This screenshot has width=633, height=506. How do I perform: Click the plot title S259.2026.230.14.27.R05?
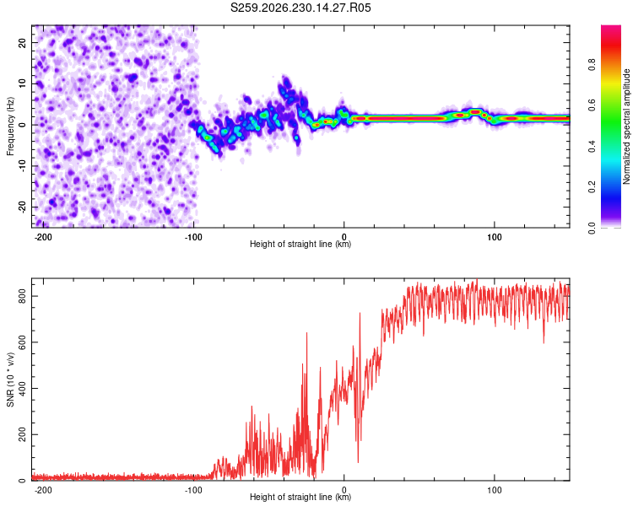click(300, 8)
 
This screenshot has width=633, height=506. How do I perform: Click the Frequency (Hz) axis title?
click(10, 126)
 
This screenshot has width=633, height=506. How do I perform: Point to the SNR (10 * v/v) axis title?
click(10, 379)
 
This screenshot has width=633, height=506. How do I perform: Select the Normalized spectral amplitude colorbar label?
click(626, 126)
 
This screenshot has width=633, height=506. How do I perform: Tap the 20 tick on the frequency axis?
click(23, 42)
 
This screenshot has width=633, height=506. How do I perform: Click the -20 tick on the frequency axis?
click(23, 207)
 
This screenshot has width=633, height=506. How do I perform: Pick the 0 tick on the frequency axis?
click(23, 125)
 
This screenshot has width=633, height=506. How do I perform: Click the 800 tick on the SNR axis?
click(23, 296)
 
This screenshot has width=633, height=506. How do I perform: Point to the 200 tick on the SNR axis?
click(23, 434)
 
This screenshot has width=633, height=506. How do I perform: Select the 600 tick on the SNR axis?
click(23, 342)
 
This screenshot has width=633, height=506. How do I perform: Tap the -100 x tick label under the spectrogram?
click(193, 237)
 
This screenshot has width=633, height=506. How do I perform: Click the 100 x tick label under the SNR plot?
click(494, 490)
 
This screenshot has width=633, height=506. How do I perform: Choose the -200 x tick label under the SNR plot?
click(43, 490)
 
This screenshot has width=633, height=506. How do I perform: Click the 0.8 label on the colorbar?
click(592, 64)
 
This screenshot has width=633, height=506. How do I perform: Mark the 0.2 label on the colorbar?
click(592, 187)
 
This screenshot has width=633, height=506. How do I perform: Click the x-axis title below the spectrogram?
click(300, 244)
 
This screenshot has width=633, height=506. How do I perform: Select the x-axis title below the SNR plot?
click(300, 497)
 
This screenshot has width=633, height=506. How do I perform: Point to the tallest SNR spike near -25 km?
click(307, 333)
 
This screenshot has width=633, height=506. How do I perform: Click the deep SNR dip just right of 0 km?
click(358, 461)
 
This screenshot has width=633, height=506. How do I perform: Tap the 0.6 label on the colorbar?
click(592, 105)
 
